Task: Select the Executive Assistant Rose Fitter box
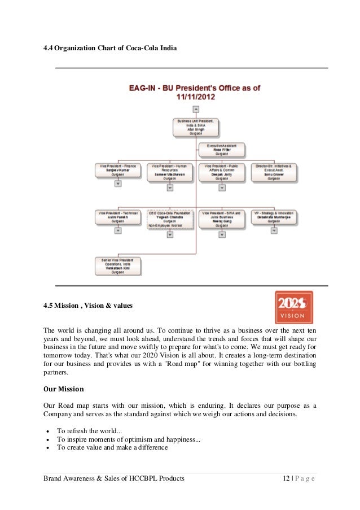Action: click(x=221, y=150)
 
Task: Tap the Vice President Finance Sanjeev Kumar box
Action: click(x=118, y=171)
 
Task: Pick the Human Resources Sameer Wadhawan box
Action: click(x=169, y=171)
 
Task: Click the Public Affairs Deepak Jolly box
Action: click(x=221, y=171)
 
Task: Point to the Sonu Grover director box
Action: click(x=274, y=171)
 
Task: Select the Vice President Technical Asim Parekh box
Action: click(x=118, y=217)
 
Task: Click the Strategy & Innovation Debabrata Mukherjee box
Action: click(x=274, y=217)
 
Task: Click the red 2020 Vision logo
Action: click(x=293, y=307)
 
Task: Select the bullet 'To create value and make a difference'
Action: click(x=112, y=448)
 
